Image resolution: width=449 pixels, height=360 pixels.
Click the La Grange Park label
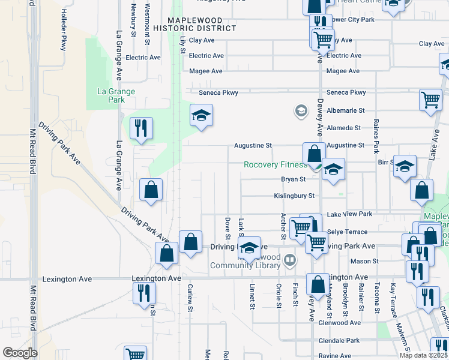point(116,95)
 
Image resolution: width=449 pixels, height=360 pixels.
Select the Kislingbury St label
point(294,196)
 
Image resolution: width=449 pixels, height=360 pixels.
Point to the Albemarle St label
point(344,111)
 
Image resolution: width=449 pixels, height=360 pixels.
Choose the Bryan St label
point(294,179)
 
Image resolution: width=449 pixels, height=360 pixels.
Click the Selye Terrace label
point(347,232)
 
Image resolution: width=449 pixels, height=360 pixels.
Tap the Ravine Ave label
point(335,356)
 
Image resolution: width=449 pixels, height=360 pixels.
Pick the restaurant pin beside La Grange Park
point(141,128)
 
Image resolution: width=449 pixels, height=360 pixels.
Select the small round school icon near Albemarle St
point(301,110)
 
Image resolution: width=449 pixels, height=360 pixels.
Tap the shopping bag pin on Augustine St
point(314,154)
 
